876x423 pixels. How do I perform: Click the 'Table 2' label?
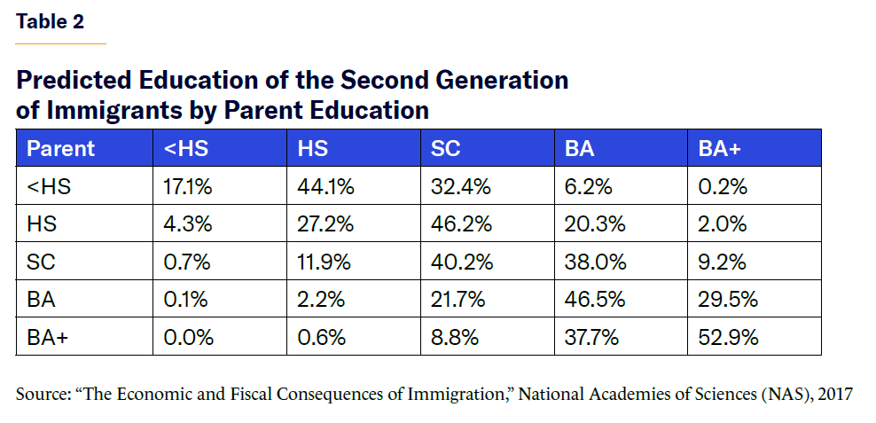(50, 22)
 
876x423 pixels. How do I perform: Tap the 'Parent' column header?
(60, 148)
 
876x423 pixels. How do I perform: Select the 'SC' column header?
(445, 148)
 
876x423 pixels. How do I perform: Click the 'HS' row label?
(42, 224)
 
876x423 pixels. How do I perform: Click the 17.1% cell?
(189, 187)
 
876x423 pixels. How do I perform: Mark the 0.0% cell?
(186, 337)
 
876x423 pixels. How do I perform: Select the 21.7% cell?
(458, 300)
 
